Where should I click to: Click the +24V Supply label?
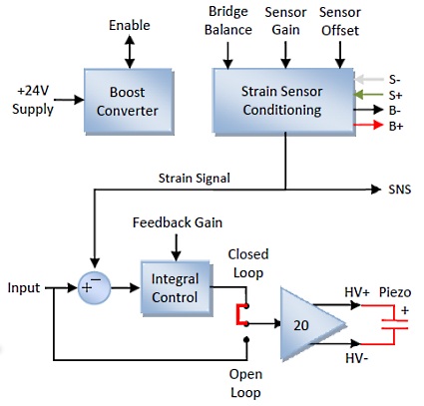pyautogui.click(x=33, y=100)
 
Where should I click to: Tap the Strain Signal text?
pyautogui.click(x=195, y=178)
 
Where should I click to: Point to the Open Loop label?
pyautogui.click(x=245, y=383)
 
